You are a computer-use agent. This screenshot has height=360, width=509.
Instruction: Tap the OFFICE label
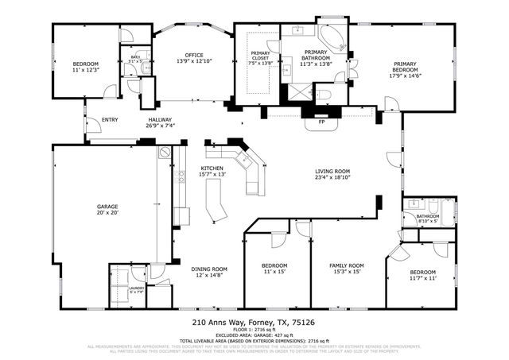(188, 55)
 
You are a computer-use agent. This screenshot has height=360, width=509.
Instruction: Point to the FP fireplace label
(321, 122)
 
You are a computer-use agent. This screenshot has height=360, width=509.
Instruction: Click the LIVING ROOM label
(332, 171)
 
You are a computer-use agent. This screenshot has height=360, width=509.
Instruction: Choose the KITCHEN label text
(212, 169)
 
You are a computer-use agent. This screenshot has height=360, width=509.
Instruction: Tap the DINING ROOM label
(208, 269)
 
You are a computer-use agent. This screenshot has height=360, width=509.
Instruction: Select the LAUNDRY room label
(137, 288)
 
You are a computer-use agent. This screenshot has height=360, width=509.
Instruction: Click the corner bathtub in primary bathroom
(332, 37)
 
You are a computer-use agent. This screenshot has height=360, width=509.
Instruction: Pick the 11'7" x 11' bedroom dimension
(423, 278)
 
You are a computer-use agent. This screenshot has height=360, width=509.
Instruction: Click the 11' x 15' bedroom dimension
(274, 272)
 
